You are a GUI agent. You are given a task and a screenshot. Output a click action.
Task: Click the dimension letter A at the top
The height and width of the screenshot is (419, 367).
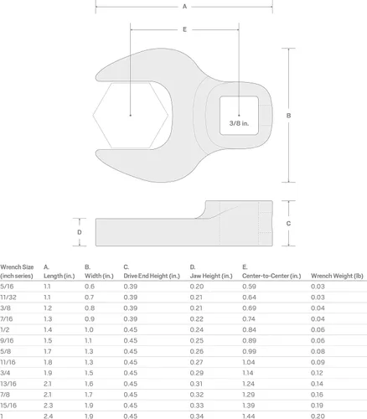point(184,7)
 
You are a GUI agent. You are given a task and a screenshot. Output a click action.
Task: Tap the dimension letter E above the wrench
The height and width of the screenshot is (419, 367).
point(184,29)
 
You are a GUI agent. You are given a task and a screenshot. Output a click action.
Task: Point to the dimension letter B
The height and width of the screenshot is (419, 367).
point(288,116)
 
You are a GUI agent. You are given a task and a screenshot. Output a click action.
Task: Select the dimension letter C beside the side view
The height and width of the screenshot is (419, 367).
point(288,224)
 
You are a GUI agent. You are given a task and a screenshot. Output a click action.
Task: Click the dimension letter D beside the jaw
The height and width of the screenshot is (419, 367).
point(80,232)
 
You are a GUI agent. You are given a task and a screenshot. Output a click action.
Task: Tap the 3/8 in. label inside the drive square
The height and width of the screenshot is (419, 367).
point(239,123)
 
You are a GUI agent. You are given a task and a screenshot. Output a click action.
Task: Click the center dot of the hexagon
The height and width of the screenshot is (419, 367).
point(131,115)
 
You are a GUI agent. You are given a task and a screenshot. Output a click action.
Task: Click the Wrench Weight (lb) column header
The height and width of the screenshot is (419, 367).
point(337,276)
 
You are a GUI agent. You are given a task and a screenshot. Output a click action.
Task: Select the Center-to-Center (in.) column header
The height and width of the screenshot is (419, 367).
point(271,276)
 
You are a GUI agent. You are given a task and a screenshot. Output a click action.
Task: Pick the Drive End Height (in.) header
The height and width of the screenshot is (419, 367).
point(152,276)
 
